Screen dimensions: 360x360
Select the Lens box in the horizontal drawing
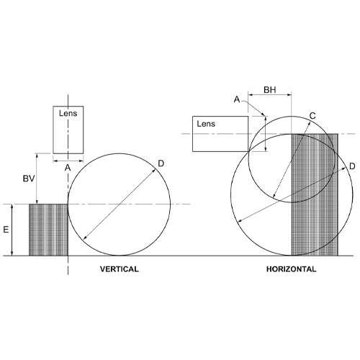[220, 132]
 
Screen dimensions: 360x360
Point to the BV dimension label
[28, 178]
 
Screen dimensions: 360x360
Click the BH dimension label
[269, 91]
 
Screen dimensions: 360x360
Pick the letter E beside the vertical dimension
[6, 230]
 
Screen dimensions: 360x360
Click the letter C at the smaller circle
[312, 115]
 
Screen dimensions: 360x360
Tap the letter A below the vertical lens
[68, 167]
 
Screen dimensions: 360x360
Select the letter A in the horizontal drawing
[237, 100]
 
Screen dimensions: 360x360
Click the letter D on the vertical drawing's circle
[161, 164]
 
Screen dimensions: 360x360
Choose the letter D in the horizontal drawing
[352, 167]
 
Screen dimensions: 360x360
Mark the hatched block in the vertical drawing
[48, 230]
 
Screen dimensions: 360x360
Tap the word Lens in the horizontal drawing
[206, 124]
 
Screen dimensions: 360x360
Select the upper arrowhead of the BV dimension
[36, 155]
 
